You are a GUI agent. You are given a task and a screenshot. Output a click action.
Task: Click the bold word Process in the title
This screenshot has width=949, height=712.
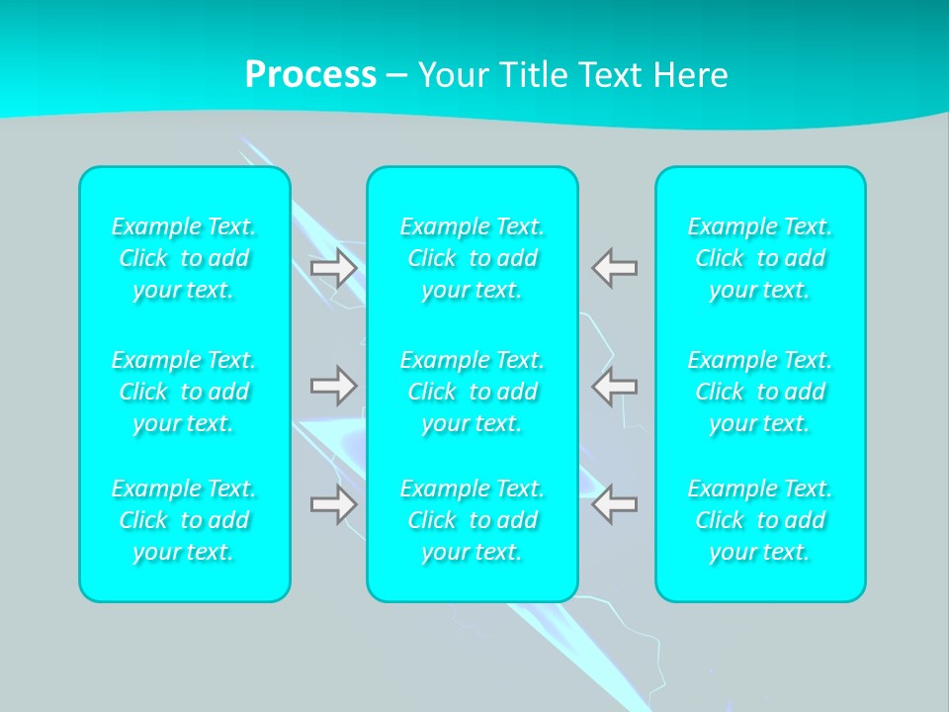[310, 75]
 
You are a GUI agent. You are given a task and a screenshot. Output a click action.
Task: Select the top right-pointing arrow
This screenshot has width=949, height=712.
[334, 268]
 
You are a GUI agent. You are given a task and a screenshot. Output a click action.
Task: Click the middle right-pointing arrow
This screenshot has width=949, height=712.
[334, 385]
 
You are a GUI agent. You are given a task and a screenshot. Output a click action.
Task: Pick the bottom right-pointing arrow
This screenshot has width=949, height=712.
[334, 503]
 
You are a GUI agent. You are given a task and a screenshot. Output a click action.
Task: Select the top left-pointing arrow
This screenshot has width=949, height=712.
[614, 268]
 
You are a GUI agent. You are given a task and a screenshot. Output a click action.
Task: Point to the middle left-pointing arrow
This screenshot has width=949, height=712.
[614, 385]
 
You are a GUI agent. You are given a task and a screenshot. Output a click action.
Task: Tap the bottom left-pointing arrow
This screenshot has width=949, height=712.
[614, 503]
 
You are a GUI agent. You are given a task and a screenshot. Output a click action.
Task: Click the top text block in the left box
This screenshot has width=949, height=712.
[184, 258]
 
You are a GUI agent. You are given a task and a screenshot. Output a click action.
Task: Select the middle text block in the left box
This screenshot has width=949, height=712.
[184, 392]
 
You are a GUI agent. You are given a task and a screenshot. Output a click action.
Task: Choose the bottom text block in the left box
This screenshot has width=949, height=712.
[184, 520]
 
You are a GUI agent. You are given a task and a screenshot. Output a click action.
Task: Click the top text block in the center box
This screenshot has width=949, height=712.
[473, 258]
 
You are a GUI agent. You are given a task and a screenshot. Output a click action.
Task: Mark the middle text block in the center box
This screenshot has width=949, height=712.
[473, 392]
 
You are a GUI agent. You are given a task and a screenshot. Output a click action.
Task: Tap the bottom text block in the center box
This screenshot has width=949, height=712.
[473, 520]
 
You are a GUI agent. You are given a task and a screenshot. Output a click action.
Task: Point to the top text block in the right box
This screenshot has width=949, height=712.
[760, 258]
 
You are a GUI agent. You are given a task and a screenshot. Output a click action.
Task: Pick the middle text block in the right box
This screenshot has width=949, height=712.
[760, 392]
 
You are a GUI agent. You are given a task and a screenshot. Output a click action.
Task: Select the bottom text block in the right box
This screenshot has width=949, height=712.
[760, 520]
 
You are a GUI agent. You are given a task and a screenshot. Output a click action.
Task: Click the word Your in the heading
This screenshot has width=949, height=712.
[454, 75]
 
